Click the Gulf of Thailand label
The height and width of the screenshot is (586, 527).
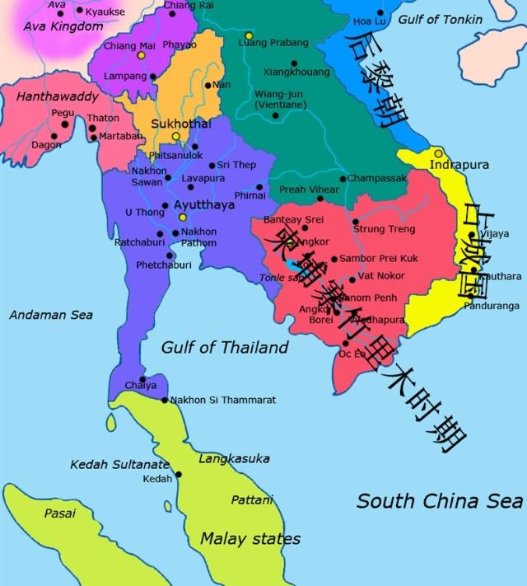[224, 347]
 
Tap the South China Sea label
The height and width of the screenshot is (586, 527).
[440, 500]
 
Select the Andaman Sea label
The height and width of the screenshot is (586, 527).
[50, 315]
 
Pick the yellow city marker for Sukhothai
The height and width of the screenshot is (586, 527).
[175, 137]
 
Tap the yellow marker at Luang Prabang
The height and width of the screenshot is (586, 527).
[248, 35]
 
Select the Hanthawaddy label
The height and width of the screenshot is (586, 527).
[57, 97]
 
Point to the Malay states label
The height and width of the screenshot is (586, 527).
[250, 539]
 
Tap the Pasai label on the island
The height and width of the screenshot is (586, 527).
[59, 513]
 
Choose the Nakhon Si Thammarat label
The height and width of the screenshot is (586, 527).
[222, 401]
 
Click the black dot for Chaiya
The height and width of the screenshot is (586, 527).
[142, 379]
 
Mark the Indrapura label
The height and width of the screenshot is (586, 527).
[459, 165]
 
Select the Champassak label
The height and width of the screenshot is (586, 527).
[376, 178]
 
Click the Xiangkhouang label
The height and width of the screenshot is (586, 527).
[296, 72]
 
